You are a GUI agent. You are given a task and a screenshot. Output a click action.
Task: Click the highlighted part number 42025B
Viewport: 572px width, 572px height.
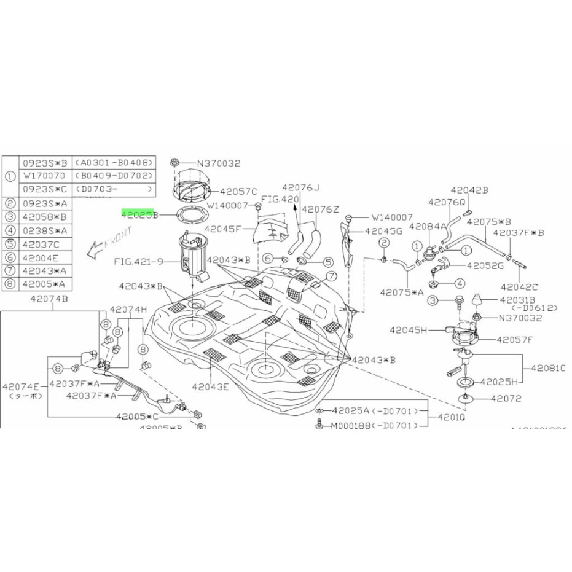[x=140, y=215]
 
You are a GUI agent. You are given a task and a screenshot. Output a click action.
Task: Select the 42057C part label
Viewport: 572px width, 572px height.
[x=238, y=191]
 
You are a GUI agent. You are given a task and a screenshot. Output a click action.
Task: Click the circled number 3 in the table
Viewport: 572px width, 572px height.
[x=10, y=216]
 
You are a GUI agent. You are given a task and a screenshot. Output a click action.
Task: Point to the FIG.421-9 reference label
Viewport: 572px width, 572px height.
[x=139, y=261]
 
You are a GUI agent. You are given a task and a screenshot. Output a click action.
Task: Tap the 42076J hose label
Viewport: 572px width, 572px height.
[x=302, y=187]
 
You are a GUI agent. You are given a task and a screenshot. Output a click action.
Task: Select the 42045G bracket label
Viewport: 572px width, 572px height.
[x=383, y=232]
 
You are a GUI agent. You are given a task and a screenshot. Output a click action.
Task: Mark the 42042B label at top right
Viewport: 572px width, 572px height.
[x=469, y=190]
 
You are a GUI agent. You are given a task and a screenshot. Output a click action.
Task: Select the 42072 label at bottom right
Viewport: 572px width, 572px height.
[x=506, y=398]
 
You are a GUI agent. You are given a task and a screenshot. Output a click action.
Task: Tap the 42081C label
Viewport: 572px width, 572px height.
[x=549, y=369]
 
